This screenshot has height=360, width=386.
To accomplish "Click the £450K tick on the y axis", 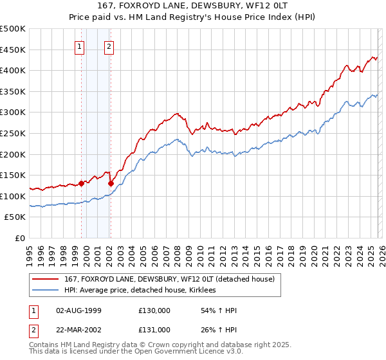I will point(13,50).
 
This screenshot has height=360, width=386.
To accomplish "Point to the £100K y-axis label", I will point(13,196).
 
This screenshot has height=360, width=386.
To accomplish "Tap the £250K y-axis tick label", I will point(13,133).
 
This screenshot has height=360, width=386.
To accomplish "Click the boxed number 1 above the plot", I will point(79,46).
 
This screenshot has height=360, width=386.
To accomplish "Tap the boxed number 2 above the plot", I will point(109,46).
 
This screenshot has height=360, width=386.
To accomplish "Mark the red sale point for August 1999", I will point(82,183).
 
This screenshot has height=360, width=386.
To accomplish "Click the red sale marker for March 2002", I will point(111,183).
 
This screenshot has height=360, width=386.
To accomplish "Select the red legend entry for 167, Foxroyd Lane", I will point(169,279).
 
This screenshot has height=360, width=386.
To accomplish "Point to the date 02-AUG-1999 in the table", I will point(78,310).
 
